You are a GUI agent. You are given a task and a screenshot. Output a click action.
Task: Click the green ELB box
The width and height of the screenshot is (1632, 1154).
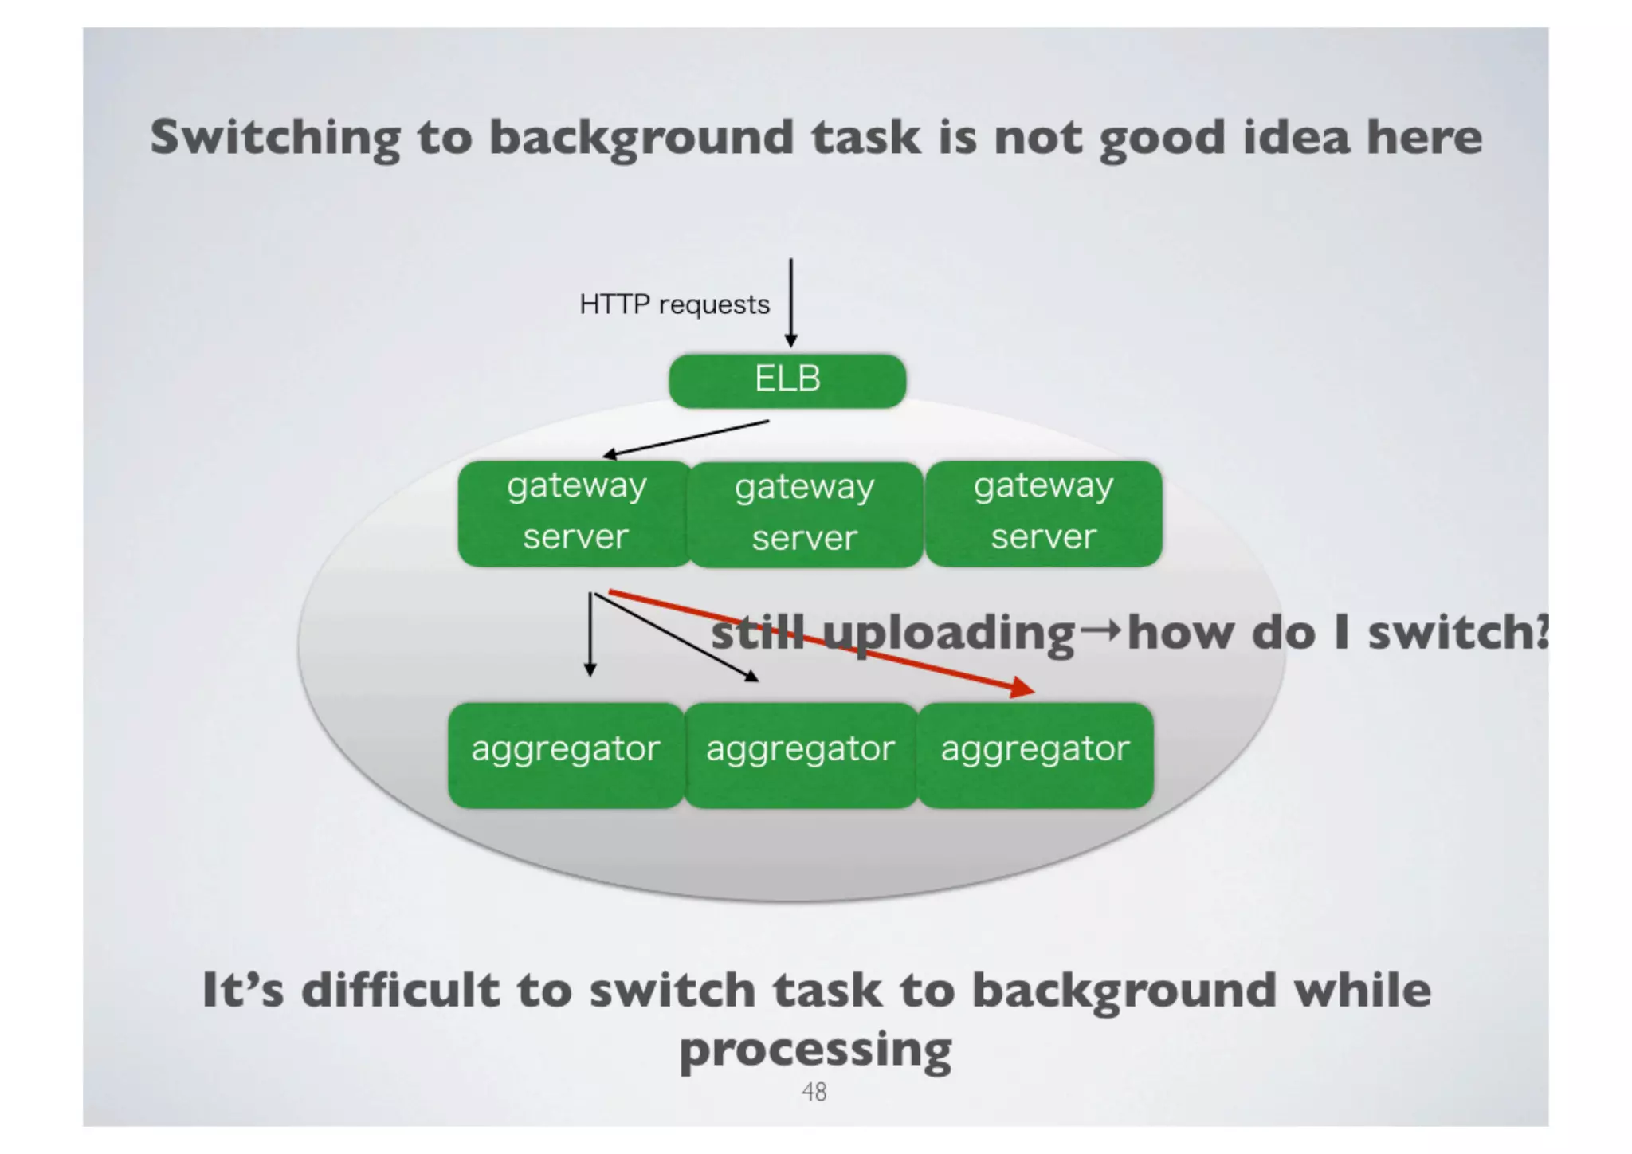[787, 380]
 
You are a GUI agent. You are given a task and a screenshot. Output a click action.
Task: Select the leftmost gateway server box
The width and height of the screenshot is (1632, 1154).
[575, 513]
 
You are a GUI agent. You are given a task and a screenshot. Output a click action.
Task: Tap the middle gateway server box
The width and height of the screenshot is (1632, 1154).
[805, 514]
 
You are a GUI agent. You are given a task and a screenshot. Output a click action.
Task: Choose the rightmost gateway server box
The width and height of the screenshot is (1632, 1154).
[1043, 513]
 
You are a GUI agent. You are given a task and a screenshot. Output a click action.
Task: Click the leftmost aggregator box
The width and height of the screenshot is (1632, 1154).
[566, 754]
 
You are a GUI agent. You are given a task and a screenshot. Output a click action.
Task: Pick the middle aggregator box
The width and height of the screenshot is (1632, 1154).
[800, 754]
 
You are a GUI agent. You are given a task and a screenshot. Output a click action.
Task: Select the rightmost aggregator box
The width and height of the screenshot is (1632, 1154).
[1035, 754]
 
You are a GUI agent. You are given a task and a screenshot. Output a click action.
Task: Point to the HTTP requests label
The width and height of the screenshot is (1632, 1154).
[674, 304]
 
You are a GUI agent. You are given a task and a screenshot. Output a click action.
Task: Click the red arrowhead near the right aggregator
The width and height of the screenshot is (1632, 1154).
[1023, 687]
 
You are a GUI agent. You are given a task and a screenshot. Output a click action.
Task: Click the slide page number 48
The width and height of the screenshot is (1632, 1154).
[814, 1092]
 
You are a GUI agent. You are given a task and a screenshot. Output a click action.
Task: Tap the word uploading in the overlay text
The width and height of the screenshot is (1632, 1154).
[949, 634]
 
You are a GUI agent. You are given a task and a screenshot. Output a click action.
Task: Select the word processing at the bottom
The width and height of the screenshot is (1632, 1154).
[815, 1050]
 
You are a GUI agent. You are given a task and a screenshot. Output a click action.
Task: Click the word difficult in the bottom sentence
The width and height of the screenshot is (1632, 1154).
[400, 990]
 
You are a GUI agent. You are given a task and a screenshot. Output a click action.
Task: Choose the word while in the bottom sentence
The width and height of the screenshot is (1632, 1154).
[1362, 990]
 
